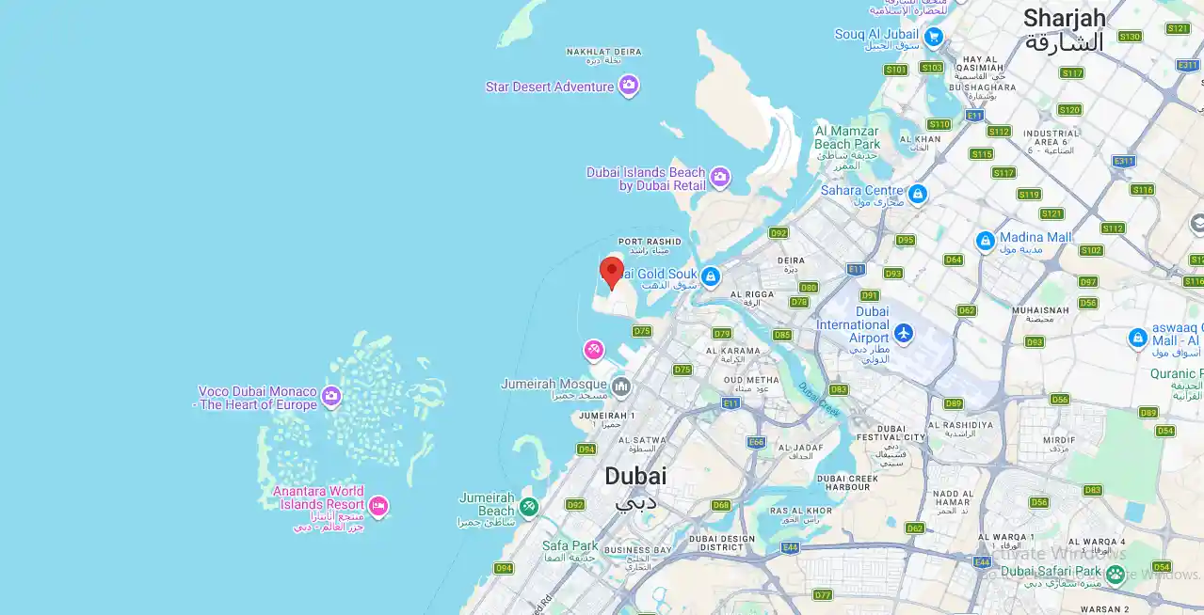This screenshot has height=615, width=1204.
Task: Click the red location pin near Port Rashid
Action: click(x=612, y=272)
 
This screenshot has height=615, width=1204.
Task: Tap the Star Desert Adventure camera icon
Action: click(x=629, y=87)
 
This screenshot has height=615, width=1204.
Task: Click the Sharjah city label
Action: click(x=1064, y=19)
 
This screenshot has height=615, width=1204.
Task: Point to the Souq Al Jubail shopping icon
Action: click(x=933, y=37)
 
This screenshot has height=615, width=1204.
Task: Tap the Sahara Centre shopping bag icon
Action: click(x=918, y=194)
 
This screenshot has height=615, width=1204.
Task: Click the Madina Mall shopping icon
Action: click(x=986, y=241)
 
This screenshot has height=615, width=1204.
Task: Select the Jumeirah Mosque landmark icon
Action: click(x=620, y=386)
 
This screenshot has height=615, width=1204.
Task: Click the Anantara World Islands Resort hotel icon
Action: click(x=378, y=507)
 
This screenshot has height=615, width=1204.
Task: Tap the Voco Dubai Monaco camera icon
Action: click(x=331, y=396)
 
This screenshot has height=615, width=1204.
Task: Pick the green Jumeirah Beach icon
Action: click(x=529, y=507)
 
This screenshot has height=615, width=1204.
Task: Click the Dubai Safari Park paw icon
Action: click(x=1116, y=574)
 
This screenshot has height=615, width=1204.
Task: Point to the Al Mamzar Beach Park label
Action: click(x=847, y=138)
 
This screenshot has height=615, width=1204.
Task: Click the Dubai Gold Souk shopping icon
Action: click(x=711, y=276)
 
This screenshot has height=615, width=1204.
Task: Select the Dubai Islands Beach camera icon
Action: click(x=720, y=177)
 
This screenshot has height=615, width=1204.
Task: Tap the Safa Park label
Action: click(x=570, y=545)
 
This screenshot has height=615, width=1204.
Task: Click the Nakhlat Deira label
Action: click(x=603, y=52)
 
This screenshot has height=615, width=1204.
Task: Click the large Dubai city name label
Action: click(x=635, y=476)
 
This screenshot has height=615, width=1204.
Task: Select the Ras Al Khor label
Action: click(x=800, y=511)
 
